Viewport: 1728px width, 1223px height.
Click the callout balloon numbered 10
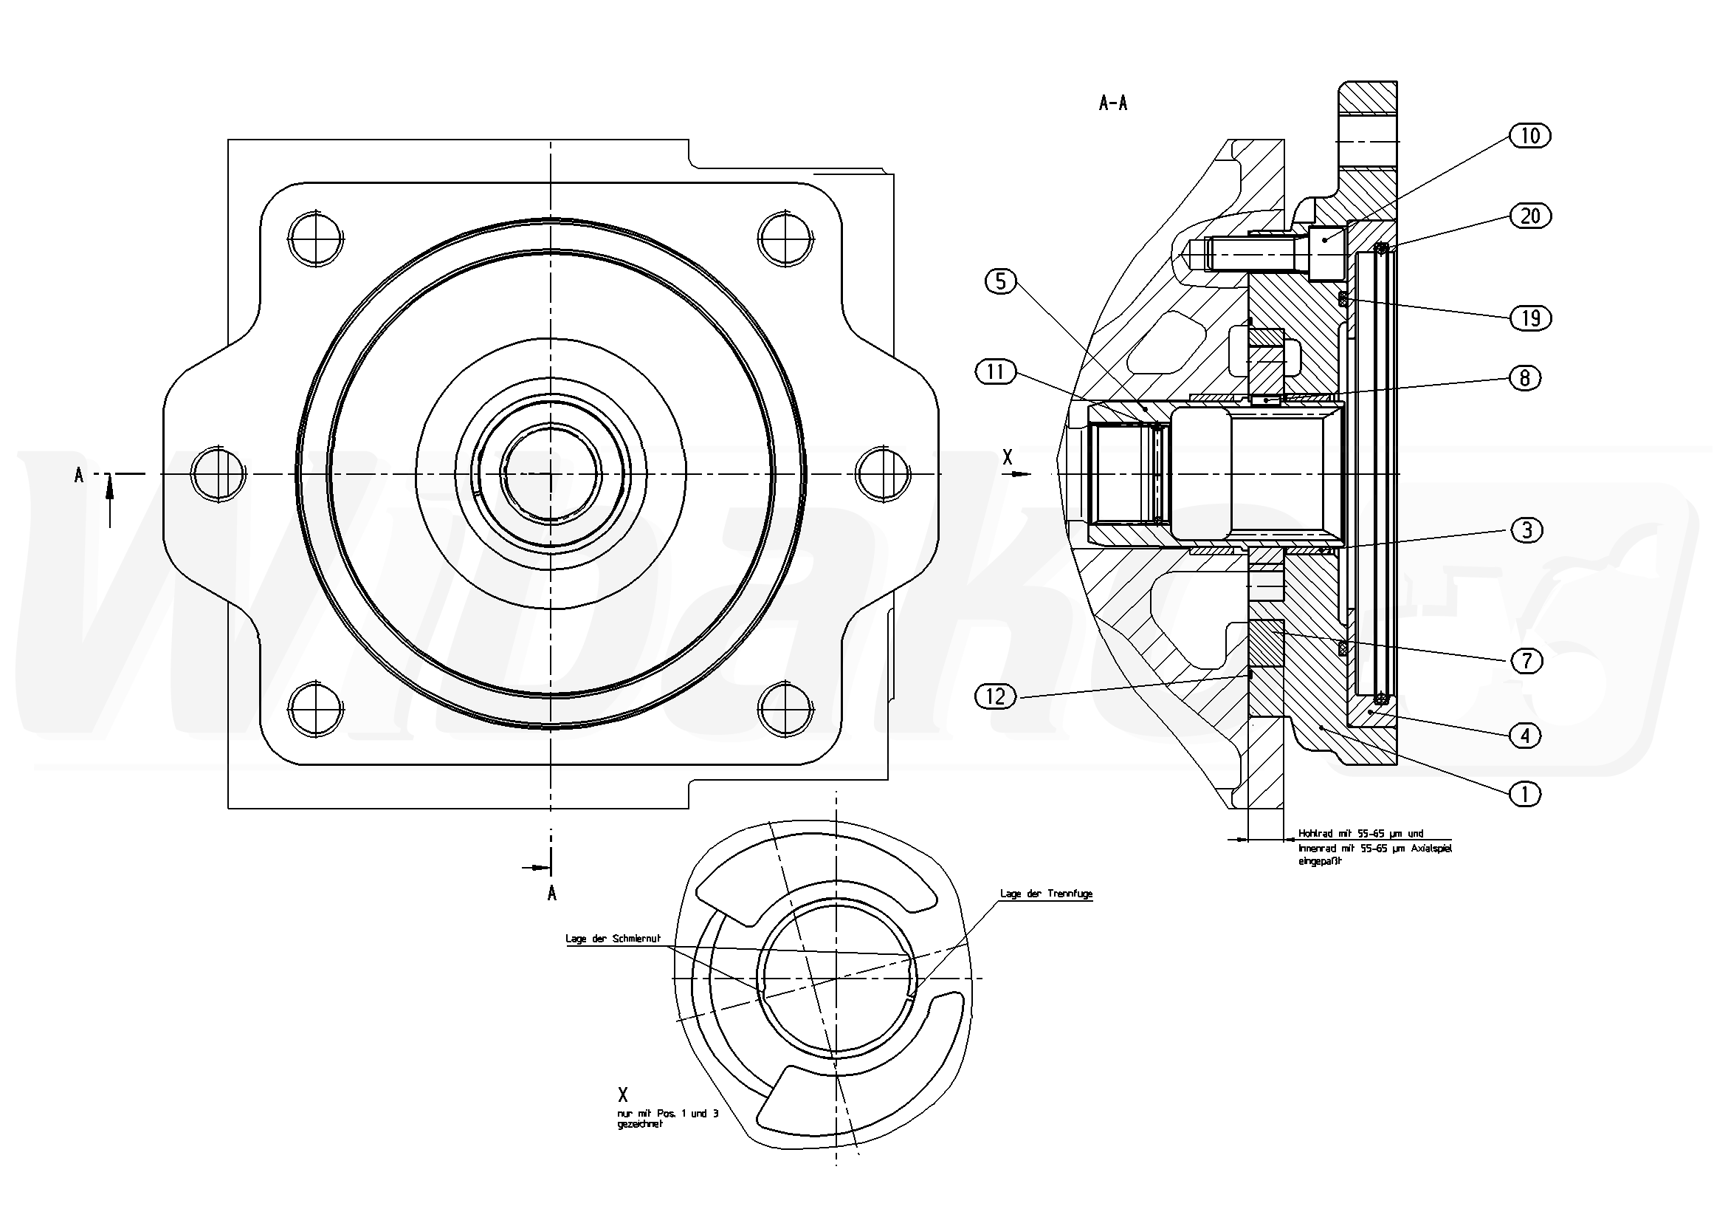tap(1530, 137)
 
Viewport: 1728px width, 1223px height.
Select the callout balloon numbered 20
tap(1530, 217)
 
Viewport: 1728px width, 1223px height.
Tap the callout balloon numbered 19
tap(1530, 318)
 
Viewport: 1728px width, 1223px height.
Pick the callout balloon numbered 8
tap(1525, 377)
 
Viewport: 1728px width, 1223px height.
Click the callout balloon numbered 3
tap(1526, 531)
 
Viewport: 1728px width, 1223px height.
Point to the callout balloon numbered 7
tap(1526, 661)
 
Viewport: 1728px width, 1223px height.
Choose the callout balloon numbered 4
tap(1525, 735)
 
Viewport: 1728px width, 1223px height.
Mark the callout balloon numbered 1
tap(1525, 794)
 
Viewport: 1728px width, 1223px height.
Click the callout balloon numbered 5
tap(1000, 281)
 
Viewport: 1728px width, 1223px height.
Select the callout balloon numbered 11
tap(995, 372)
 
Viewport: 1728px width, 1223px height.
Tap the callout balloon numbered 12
tap(995, 696)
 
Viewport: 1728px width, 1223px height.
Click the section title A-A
tap(1113, 104)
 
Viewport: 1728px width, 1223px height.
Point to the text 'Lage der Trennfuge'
tap(1046, 894)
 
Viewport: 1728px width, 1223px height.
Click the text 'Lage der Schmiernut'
tap(613, 939)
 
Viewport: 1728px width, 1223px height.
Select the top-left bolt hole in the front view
tap(315, 239)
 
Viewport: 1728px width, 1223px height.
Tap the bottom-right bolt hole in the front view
tap(785, 708)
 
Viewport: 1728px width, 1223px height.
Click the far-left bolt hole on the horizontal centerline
tap(218, 473)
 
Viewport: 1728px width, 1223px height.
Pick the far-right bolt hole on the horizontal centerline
tap(884, 473)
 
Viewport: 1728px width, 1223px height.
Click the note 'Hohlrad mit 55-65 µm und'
tap(1360, 834)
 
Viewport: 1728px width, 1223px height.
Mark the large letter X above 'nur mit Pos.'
tap(622, 1095)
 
